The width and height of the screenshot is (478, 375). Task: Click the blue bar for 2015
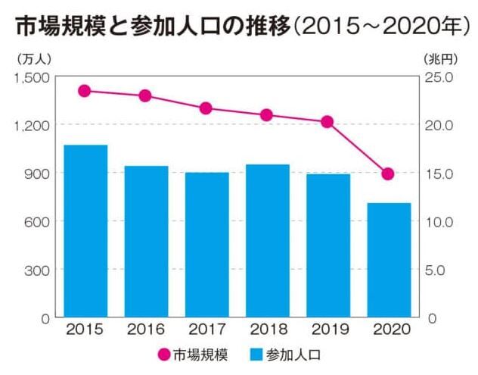click(85, 230)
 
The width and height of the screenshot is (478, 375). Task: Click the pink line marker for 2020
click(388, 174)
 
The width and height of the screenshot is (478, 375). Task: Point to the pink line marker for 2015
click(85, 91)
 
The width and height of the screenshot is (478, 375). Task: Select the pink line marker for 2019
click(327, 122)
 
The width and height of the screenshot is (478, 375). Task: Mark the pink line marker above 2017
click(206, 108)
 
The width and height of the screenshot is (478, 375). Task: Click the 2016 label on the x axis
click(145, 330)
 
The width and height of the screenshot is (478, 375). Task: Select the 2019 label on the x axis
click(327, 330)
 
